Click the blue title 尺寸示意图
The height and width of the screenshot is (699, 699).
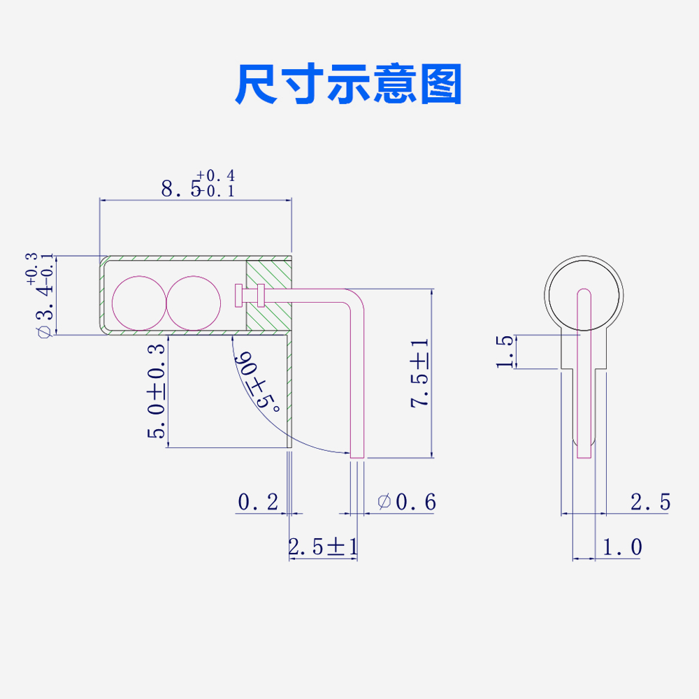tap(348, 84)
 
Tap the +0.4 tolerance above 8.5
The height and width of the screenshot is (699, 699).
tap(216, 175)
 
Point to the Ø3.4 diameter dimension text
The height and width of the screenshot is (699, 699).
tap(45, 312)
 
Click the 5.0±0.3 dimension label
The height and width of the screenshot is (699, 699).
tap(156, 391)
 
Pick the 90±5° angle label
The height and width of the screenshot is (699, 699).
tap(259, 381)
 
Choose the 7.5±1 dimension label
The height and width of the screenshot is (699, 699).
tap(419, 373)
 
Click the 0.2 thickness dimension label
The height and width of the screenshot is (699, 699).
tap(258, 502)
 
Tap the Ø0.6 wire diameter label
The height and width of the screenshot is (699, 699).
tap(407, 502)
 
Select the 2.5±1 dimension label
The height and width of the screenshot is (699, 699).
tap(323, 547)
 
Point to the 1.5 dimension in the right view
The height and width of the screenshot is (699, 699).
tap(505, 352)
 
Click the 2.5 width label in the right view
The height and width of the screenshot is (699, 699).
tap(650, 502)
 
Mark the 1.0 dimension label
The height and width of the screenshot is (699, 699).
tap(622, 547)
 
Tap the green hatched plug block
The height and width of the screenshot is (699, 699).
tap(269, 295)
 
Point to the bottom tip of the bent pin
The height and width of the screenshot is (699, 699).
tap(357, 457)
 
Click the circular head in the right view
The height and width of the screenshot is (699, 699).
tap(584, 256)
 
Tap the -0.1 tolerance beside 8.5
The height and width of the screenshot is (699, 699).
tap(217, 191)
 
